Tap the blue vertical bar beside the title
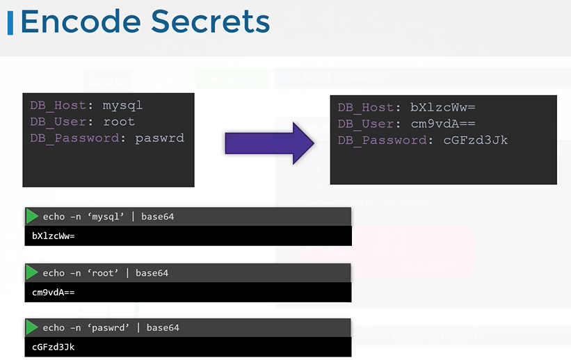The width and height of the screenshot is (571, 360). coord(10,22)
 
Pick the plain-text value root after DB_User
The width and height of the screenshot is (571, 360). coord(119,122)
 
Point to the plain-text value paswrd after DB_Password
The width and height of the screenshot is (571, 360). coord(160,138)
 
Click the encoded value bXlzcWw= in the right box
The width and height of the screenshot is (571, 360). coord(443,108)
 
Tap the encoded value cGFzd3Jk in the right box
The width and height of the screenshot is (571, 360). coord(476,140)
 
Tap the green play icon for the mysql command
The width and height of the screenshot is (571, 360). coord(32,216)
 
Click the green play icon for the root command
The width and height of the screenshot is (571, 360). coord(32,272)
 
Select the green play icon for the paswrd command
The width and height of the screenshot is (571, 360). coord(32,327)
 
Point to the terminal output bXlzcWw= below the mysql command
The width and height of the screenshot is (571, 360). coord(54,236)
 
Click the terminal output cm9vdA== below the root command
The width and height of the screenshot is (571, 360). coord(54,293)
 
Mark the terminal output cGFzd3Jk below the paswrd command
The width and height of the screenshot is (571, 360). coord(54,347)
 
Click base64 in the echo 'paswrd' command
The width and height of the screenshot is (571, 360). coord(163,328)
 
